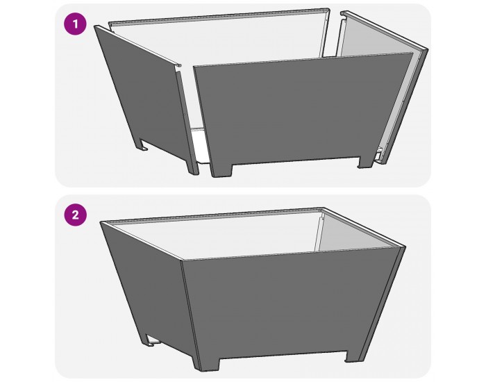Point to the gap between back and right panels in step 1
tap(334, 35)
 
